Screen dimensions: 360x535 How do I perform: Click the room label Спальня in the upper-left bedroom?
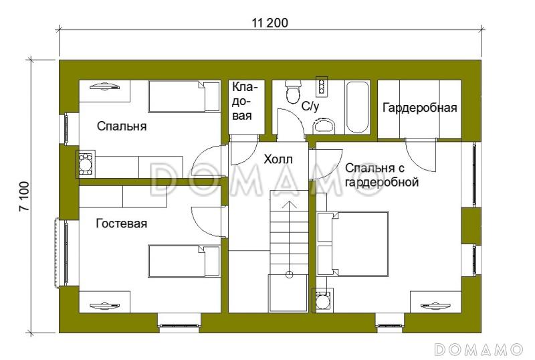[x=121, y=126]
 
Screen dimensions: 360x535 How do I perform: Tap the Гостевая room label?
[x=121, y=223]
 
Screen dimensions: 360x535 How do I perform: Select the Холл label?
[x=278, y=159]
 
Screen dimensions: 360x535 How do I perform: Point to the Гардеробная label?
[x=419, y=108]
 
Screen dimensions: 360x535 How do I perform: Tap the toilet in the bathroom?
[x=292, y=92]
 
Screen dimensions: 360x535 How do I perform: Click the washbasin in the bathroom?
[x=324, y=125]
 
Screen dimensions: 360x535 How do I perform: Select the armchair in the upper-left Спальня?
[x=86, y=163]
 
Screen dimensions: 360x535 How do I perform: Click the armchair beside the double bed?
[x=324, y=299]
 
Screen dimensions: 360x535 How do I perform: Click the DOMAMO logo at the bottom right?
[x=478, y=349]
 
